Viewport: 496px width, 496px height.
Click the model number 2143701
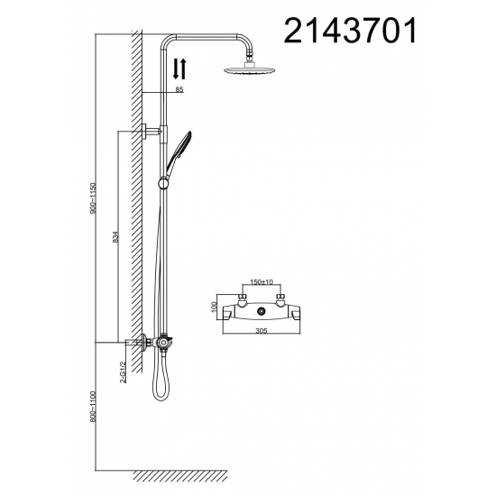[351, 31]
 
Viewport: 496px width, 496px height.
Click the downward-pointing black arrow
[176, 69]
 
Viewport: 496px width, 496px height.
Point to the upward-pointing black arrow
[183, 69]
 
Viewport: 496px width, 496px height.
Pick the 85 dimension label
[179, 89]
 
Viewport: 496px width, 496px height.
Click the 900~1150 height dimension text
[93, 197]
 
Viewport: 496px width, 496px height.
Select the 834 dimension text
[115, 236]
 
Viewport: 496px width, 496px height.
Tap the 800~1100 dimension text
[93, 407]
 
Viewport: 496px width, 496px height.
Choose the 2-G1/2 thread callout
[123, 372]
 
